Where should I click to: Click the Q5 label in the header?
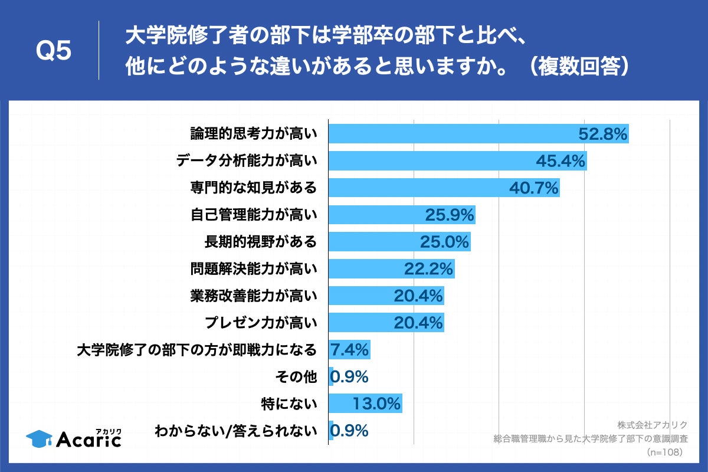(x=54, y=51)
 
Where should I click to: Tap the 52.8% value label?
(x=602, y=135)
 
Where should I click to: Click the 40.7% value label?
(x=534, y=188)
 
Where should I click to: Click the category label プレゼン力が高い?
(x=261, y=323)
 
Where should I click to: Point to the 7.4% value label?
(x=350, y=350)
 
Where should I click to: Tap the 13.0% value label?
(x=377, y=404)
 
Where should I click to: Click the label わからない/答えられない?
(x=235, y=431)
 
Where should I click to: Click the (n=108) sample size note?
(x=664, y=452)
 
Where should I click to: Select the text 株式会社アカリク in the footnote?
(x=653, y=425)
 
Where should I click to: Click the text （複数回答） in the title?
(x=578, y=67)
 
